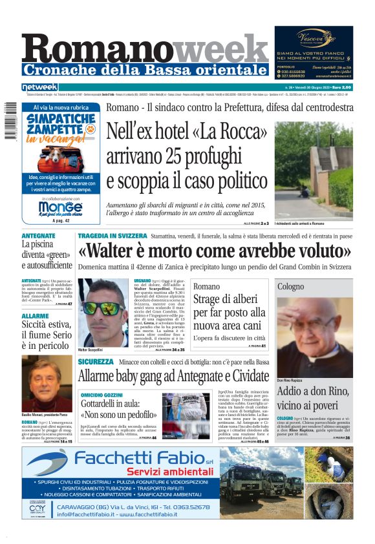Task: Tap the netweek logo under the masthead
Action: point(39,87)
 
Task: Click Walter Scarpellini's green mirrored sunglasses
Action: point(103,308)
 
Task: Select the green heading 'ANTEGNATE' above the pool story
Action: point(39,236)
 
